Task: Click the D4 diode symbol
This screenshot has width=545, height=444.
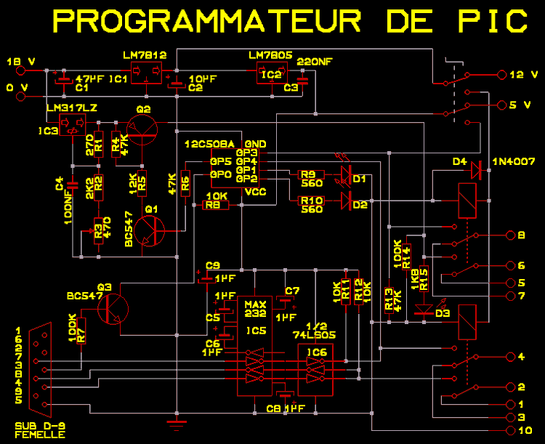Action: pos(476,170)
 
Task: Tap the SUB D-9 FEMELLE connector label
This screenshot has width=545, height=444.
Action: pos(39,429)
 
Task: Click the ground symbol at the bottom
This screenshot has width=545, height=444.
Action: pos(175,423)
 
